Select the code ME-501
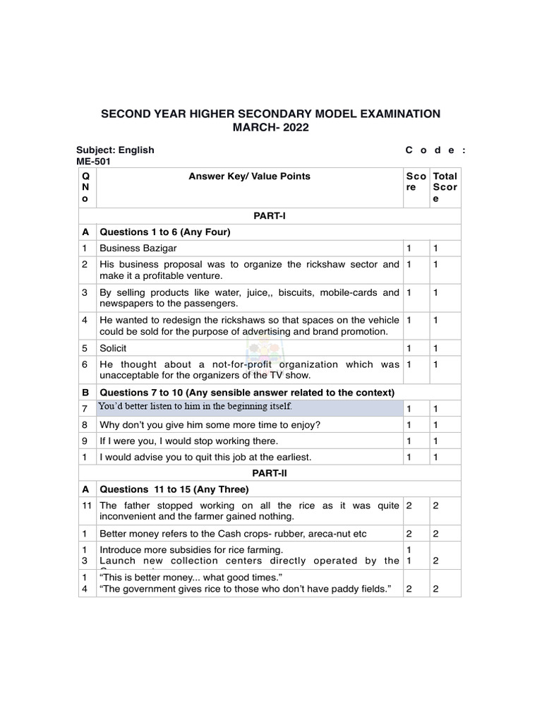(93, 161)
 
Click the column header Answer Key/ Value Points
(249, 177)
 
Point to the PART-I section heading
(270, 215)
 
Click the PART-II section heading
(270, 473)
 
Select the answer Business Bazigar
(138, 249)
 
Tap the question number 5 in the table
(84, 348)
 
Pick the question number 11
(86, 506)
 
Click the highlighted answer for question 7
(195, 407)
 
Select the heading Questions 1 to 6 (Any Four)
(166, 232)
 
